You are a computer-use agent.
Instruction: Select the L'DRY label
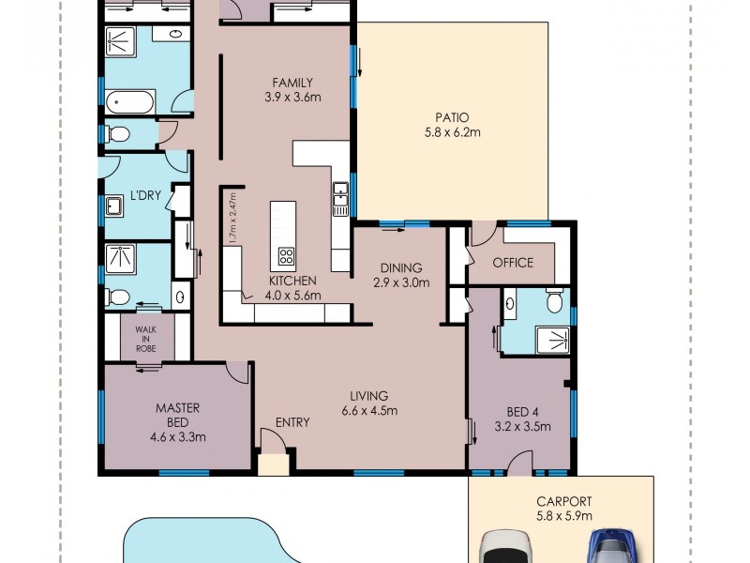(145, 195)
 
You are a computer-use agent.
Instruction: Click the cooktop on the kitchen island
(285, 255)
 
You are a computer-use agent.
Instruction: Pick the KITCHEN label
(292, 281)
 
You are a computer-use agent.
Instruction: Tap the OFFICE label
(513, 263)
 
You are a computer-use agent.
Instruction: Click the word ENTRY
(292, 422)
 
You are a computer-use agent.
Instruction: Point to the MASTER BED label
(177, 415)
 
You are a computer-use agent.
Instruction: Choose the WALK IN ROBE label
(145, 339)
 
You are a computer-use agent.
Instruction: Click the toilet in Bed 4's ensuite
(554, 301)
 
